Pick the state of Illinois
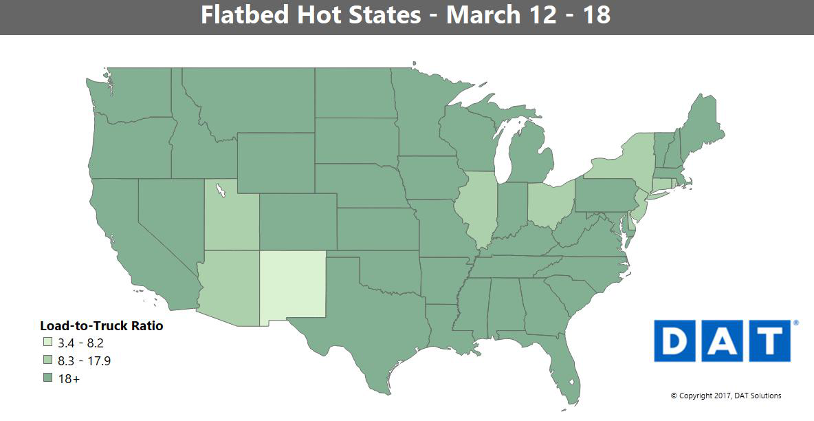point(476,206)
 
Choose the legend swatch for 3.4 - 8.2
point(47,343)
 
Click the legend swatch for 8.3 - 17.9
point(47,360)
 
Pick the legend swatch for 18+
point(47,378)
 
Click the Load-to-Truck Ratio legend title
point(101,325)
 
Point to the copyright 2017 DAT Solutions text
point(725,396)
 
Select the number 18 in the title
point(595,15)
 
